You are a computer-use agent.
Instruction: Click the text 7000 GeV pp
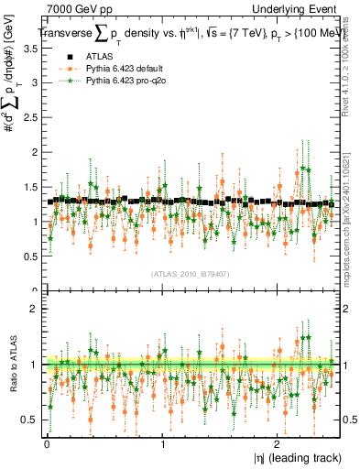pos(80,9)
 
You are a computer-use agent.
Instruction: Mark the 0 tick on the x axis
pos(47,443)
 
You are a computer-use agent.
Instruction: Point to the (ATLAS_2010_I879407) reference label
pos(191,274)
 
